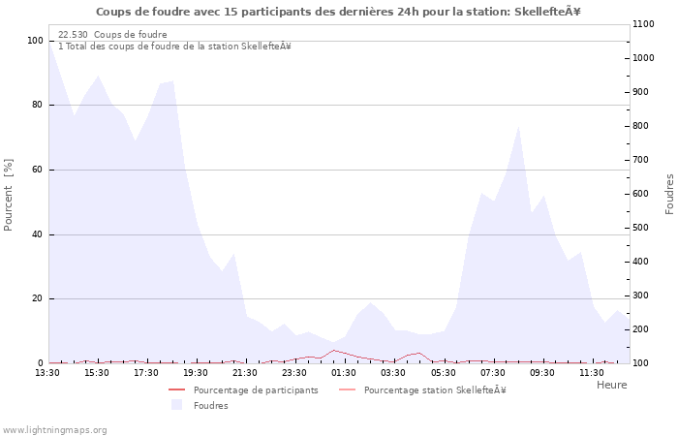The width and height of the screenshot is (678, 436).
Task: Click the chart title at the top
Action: pos(338,12)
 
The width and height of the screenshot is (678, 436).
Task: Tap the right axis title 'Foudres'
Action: pos(669,194)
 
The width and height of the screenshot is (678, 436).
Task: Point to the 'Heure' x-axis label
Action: pos(611,385)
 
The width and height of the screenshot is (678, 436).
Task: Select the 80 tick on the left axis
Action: pos(36,106)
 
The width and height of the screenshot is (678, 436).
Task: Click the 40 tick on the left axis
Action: pos(36,234)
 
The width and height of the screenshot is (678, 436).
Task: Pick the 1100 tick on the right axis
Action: pos(646,24)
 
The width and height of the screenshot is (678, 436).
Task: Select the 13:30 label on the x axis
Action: pos(48,372)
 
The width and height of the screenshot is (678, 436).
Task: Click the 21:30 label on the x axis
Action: pos(245,372)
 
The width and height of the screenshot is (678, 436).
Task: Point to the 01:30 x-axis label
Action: pos(344,372)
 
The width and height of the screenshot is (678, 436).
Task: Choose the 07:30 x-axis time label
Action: pos(492,372)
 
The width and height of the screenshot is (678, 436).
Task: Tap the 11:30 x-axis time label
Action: pos(591,372)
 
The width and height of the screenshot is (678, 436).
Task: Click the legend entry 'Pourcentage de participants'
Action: pos(256,390)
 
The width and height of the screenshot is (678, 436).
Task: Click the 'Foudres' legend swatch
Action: pos(176,405)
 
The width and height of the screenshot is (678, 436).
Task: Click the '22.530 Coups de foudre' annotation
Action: pos(112,35)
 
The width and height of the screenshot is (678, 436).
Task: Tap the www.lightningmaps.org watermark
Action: pos(55,430)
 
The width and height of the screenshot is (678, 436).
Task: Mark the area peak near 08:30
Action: pos(519,126)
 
